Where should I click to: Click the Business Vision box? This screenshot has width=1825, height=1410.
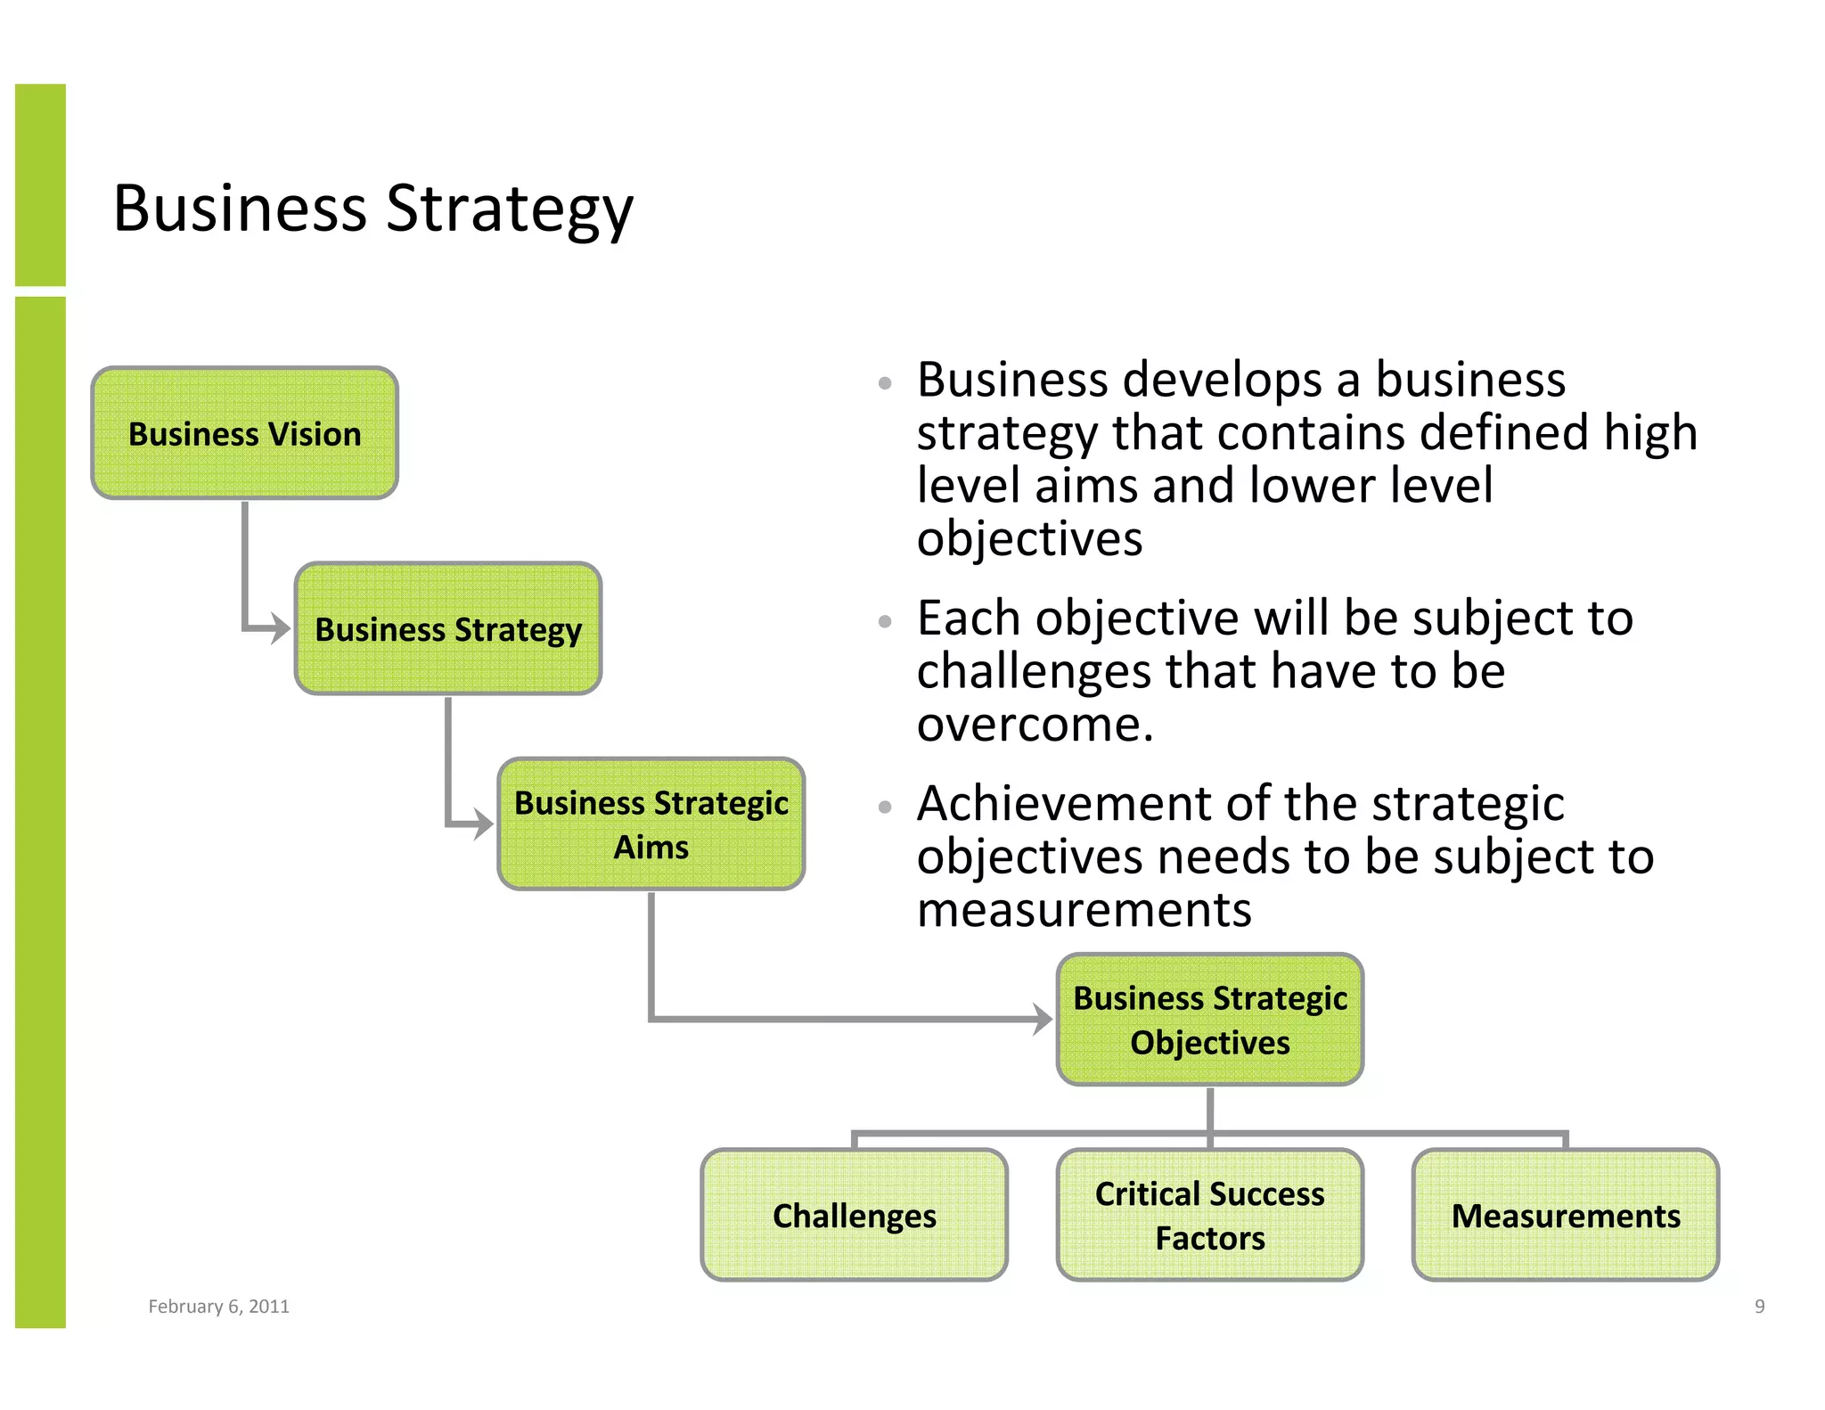244,433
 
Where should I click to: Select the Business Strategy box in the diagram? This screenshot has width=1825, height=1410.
447,628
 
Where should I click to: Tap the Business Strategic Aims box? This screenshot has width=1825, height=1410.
651,824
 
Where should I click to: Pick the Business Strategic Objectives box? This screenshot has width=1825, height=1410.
1209,1019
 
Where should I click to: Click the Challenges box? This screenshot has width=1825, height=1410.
854,1215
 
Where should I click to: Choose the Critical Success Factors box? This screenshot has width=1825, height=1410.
1209,1215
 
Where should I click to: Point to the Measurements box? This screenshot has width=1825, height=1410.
1565,1215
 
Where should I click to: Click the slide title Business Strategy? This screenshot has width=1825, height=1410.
373,209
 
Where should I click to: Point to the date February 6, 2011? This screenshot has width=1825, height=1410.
218,1306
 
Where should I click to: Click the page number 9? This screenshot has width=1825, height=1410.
1759,1306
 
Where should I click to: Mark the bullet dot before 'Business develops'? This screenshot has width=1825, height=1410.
884,383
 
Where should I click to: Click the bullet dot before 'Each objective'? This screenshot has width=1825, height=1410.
884,621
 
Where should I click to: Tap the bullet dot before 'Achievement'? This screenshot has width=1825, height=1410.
884,807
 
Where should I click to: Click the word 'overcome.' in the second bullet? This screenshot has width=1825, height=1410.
1035,725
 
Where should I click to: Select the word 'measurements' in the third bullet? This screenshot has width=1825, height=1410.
1084,910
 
